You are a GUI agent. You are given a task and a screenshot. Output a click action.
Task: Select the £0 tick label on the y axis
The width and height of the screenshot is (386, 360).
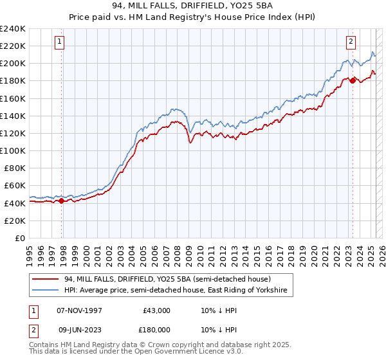click(x=21, y=238)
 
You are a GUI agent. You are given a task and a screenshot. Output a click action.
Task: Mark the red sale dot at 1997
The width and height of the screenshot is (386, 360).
click(x=61, y=201)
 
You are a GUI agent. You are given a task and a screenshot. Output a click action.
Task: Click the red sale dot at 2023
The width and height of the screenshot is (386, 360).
click(x=353, y=81)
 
